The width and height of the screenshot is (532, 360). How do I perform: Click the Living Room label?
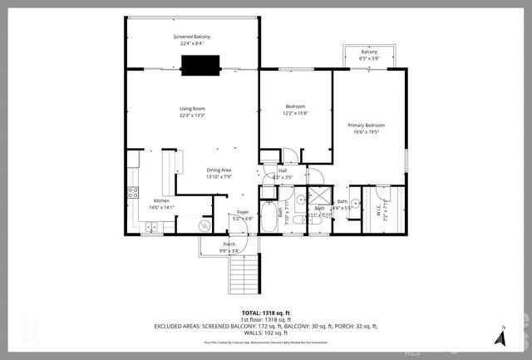[192, 109]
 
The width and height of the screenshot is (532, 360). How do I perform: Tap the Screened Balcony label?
[192, 38]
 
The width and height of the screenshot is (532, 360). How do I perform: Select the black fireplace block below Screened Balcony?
[200, 65]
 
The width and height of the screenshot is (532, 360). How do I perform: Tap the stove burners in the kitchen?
[131, 194]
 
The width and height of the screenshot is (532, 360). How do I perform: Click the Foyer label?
[243, 212]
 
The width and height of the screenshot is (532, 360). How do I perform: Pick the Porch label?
[229, 244]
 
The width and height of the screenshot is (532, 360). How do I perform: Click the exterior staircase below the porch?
[243, 273]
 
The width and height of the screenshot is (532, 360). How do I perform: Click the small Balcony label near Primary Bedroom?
[369, 52]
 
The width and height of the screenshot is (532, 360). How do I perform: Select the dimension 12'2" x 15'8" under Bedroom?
[295, 113]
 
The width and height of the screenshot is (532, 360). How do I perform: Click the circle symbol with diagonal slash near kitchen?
[203, 225]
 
